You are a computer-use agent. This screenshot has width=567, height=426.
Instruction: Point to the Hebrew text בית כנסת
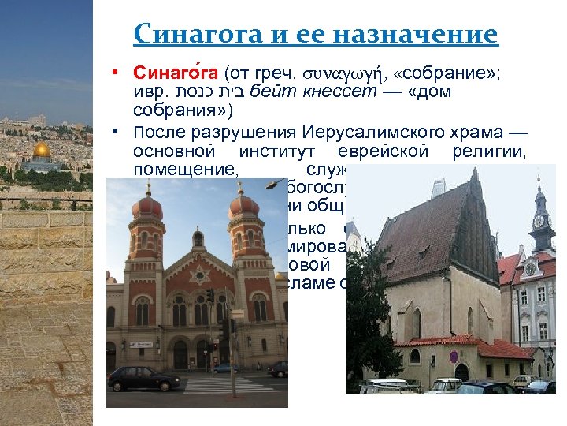click(205, 92)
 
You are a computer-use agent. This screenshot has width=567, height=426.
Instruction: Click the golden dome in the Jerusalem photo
click(41, 149)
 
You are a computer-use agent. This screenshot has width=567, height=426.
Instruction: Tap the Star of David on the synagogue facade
click(198, 275)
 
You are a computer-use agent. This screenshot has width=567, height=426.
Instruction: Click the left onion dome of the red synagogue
click(148, 206)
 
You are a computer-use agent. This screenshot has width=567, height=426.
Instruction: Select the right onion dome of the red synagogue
click(243, 206)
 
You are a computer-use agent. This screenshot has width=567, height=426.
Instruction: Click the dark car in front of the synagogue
click(144, 379)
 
